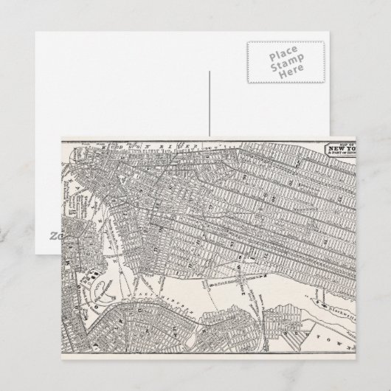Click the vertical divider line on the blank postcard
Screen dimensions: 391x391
point(210,103)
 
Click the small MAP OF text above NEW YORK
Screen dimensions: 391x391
point(347,142)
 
